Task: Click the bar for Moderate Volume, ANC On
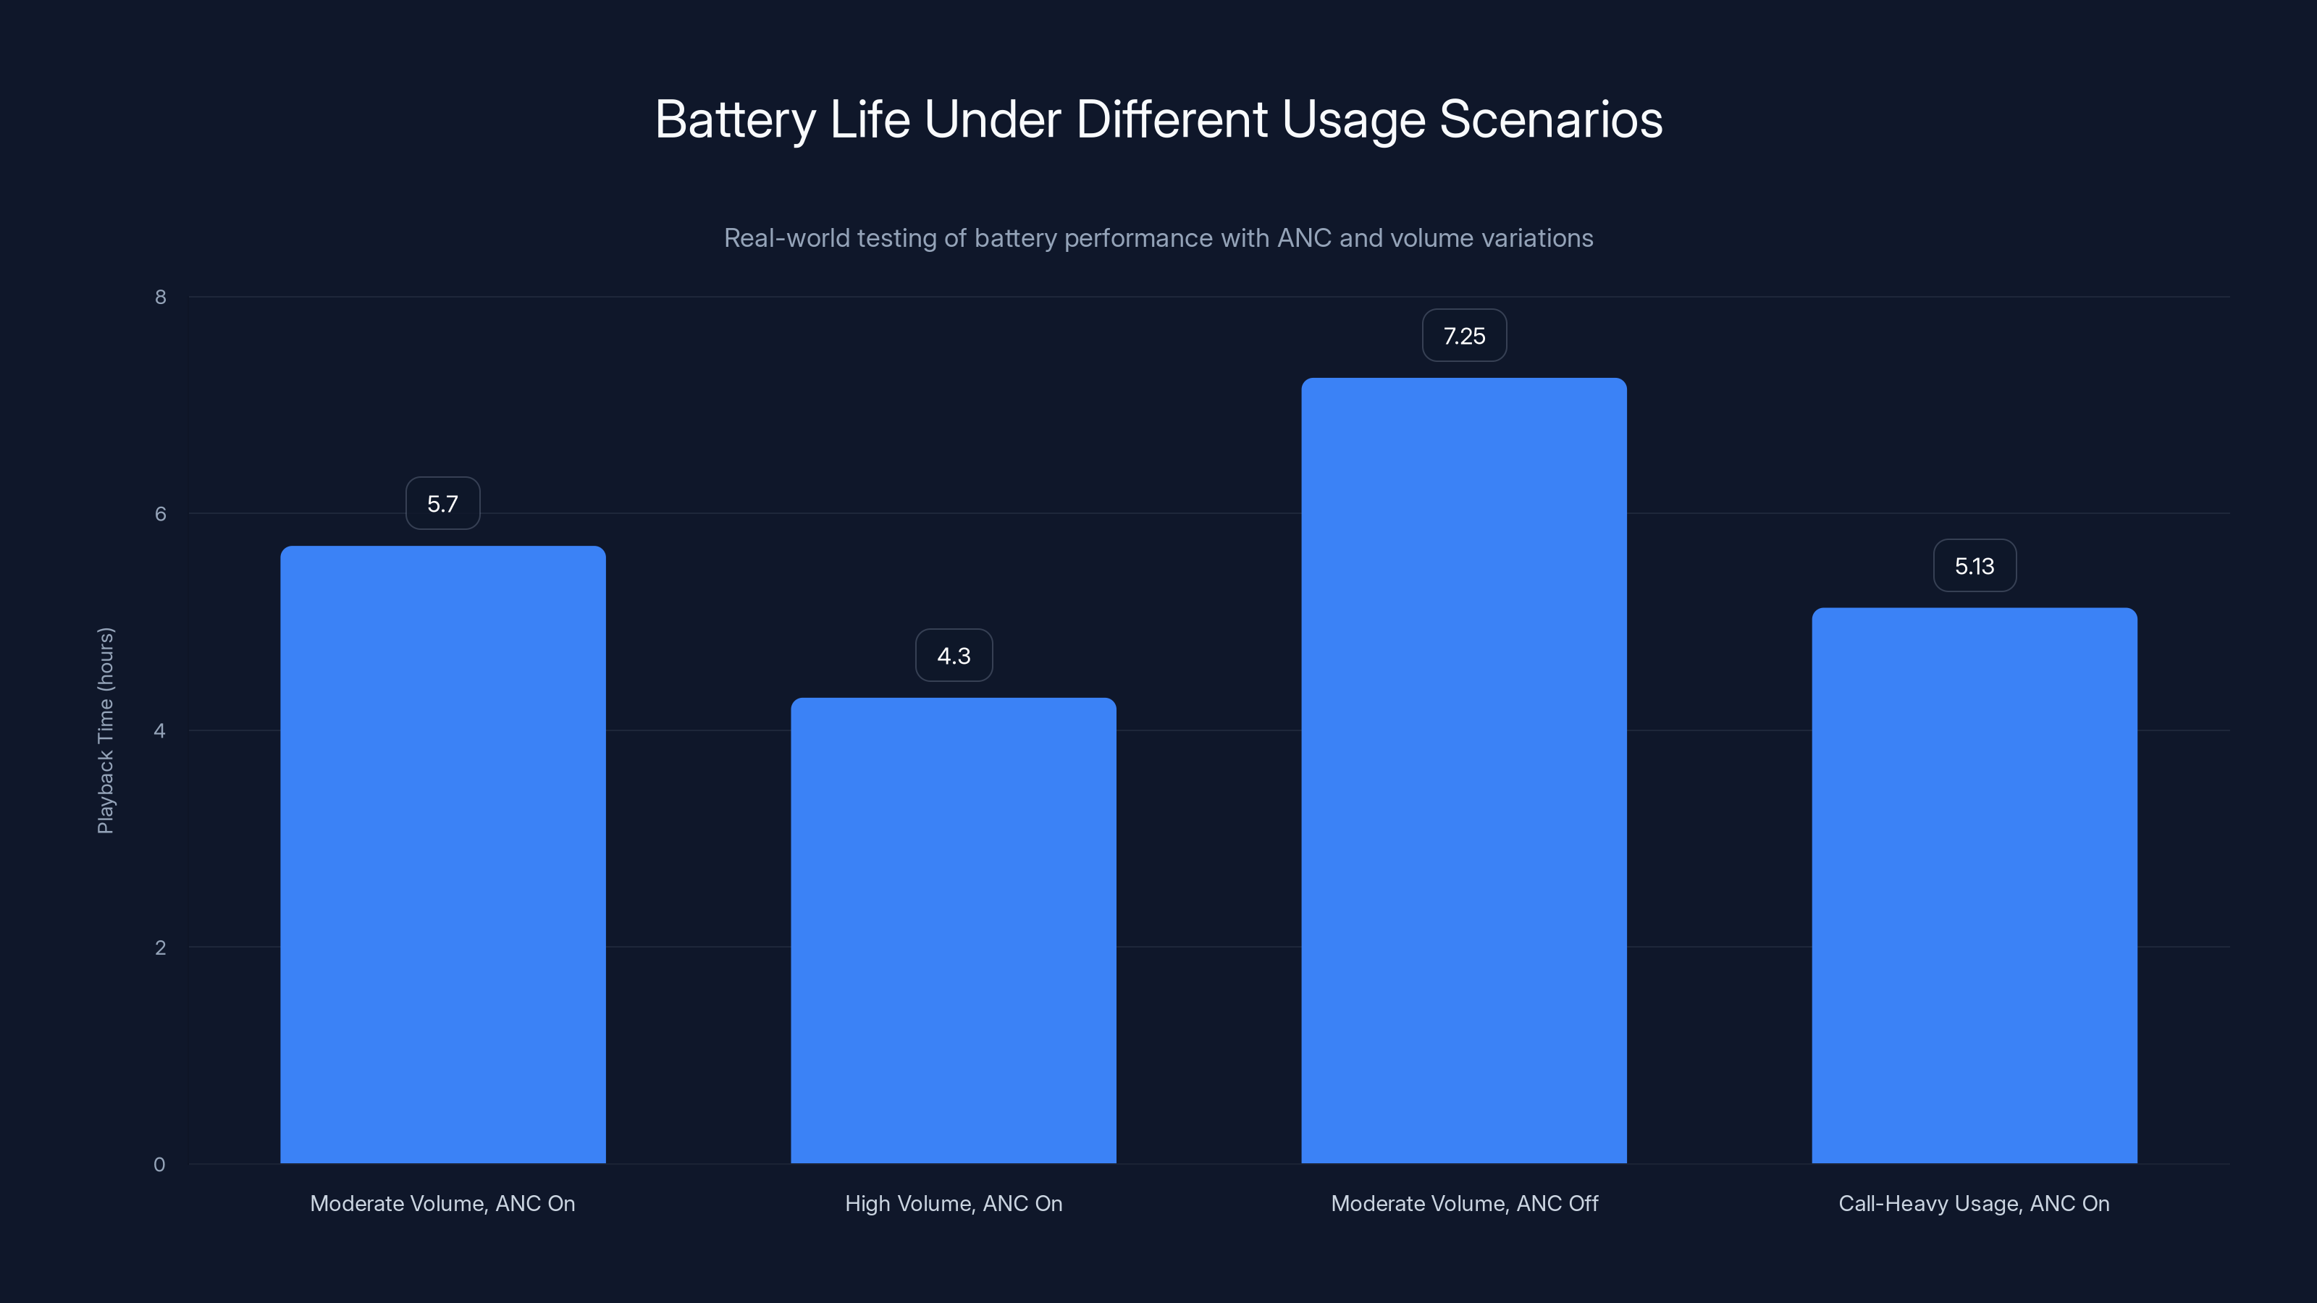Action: tap(442, 854)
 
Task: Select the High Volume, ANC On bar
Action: tap(954, 931)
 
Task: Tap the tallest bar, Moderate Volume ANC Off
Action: tap(1463, 771)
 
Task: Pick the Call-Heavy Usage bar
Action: tap(1975, 886)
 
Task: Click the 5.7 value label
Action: tap(442, 504)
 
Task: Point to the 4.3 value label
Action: tap(954, 656)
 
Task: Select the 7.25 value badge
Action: tap(1463, 335)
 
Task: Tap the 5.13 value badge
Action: tap(1975, 565)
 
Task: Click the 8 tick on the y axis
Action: tap(160, 297)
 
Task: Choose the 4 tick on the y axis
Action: tap(160, 730)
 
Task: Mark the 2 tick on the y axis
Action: tap(160, 947)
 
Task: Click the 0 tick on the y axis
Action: tap(159, 1165)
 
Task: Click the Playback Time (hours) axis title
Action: tap(105, 730)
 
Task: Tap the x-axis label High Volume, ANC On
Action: tap(954, 1203)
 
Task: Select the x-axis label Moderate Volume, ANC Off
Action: tap(1463, 1203)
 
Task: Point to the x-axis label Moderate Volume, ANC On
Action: tap(442, 1203)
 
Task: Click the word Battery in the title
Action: tap(735, 119)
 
